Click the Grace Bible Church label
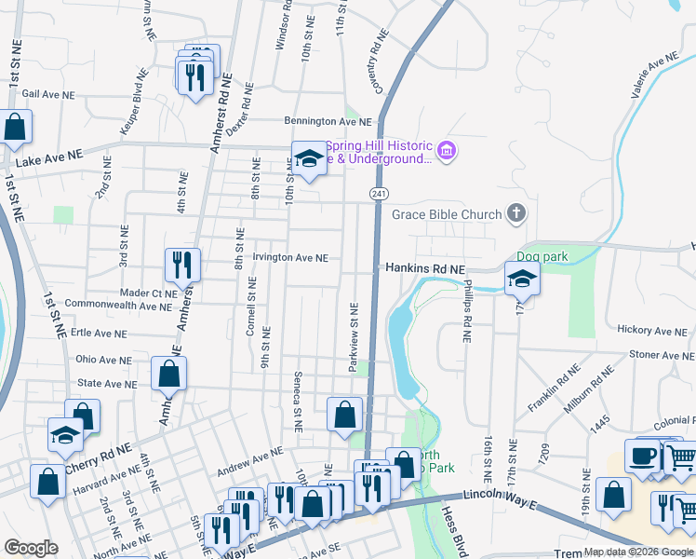tap(447, 215)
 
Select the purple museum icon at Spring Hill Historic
tap(447, 151)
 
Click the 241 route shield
tap(378, 193)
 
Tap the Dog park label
tap(541, 257)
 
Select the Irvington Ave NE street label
tap(290, 257)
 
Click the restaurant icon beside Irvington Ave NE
tap(182, 266)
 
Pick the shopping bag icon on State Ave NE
tap(169, 375)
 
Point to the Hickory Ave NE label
tap(650, 331)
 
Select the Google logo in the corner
tap(32, 548)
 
